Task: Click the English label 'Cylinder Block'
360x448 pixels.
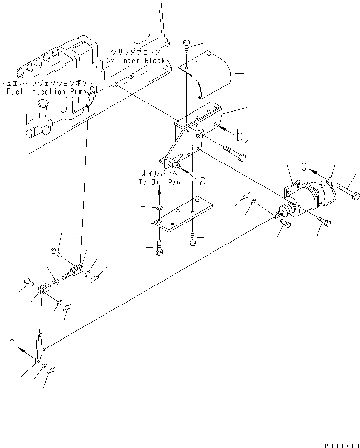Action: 136,61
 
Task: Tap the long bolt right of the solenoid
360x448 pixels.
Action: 347,188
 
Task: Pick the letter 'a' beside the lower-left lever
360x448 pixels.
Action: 12,344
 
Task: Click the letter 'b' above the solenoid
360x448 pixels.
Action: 304,167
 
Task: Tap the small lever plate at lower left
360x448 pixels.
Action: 39,347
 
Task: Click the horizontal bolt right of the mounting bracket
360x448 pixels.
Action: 234,152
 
